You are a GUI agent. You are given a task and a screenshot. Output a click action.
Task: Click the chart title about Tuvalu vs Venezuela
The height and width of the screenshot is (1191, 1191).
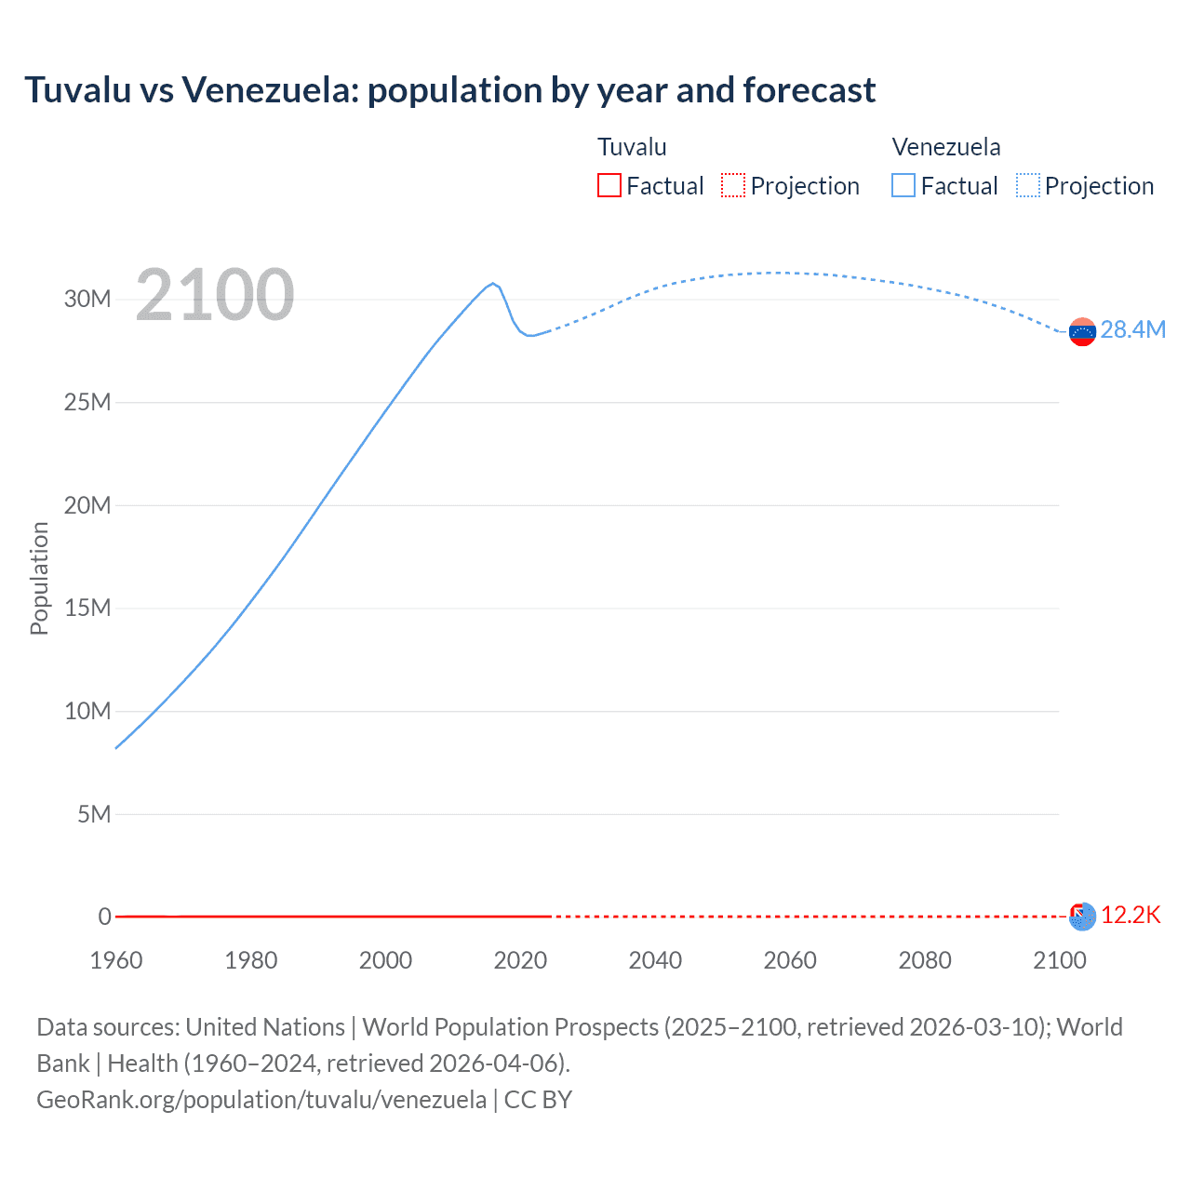[x=449, y=90]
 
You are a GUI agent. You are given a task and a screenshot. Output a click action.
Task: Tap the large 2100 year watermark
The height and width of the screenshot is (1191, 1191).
[x=215, y=295]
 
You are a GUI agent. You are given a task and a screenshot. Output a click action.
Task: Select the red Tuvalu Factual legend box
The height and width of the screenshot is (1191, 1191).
[x=609, y=185]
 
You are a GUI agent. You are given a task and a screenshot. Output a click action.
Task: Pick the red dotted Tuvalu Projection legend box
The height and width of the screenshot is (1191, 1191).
[x=733, y=185]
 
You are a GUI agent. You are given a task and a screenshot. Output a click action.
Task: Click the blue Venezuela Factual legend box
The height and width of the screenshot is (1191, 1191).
[x=903, y=185]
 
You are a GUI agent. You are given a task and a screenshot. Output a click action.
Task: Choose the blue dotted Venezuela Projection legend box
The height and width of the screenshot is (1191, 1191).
[x=1028, y=185]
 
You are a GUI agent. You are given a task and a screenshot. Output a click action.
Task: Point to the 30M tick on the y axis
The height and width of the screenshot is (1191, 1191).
[x=87, y=299]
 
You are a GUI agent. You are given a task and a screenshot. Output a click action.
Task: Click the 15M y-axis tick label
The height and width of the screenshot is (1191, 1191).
[x=87, y=608]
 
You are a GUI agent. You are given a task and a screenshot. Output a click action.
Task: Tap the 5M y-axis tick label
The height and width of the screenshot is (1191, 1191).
[x=94, y=814]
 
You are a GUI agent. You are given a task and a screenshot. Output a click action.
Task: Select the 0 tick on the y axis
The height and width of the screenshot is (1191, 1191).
[x=104, y=917]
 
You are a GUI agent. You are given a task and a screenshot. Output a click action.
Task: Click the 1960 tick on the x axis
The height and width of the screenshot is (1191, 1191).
[x=116, y=960]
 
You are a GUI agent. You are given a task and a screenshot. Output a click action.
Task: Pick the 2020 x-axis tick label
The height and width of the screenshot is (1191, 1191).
[x=520, y=960]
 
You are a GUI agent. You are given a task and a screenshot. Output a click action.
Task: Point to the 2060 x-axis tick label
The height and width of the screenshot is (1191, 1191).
[x=790, y=960]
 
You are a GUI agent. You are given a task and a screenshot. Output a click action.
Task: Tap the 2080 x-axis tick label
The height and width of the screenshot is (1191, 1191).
[x=925, y=960]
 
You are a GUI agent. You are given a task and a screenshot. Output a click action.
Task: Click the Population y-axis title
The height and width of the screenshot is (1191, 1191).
[x=39, y=578]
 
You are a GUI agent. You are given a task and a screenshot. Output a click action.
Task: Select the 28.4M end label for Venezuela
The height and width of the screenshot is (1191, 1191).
[x=1132, y=330]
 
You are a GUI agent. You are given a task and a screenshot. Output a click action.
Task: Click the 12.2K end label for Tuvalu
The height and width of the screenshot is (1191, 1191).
[x=1131, y=916]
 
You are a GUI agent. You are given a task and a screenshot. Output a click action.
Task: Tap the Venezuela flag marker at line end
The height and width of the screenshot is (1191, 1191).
[x=1082, y=332]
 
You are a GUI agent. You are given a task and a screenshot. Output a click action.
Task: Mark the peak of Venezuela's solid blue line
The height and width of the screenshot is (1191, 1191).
[x=493, y=283]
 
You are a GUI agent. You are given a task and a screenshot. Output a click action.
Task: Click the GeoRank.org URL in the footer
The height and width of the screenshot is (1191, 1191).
[x=261, y=1100]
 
